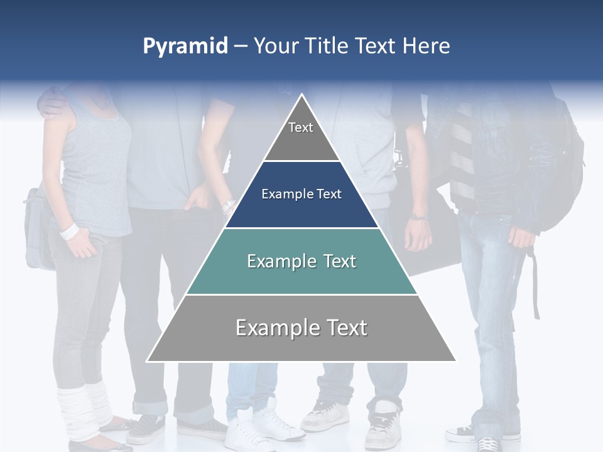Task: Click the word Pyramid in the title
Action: [x=185, y=46]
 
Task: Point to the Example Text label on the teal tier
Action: [x=301, y=261]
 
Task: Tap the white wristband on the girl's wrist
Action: [x=69, y=231]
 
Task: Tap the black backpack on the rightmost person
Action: [x=562, y=169]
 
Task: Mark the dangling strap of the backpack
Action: [x=536, y=282]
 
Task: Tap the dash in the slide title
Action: [x=241, y=46]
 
